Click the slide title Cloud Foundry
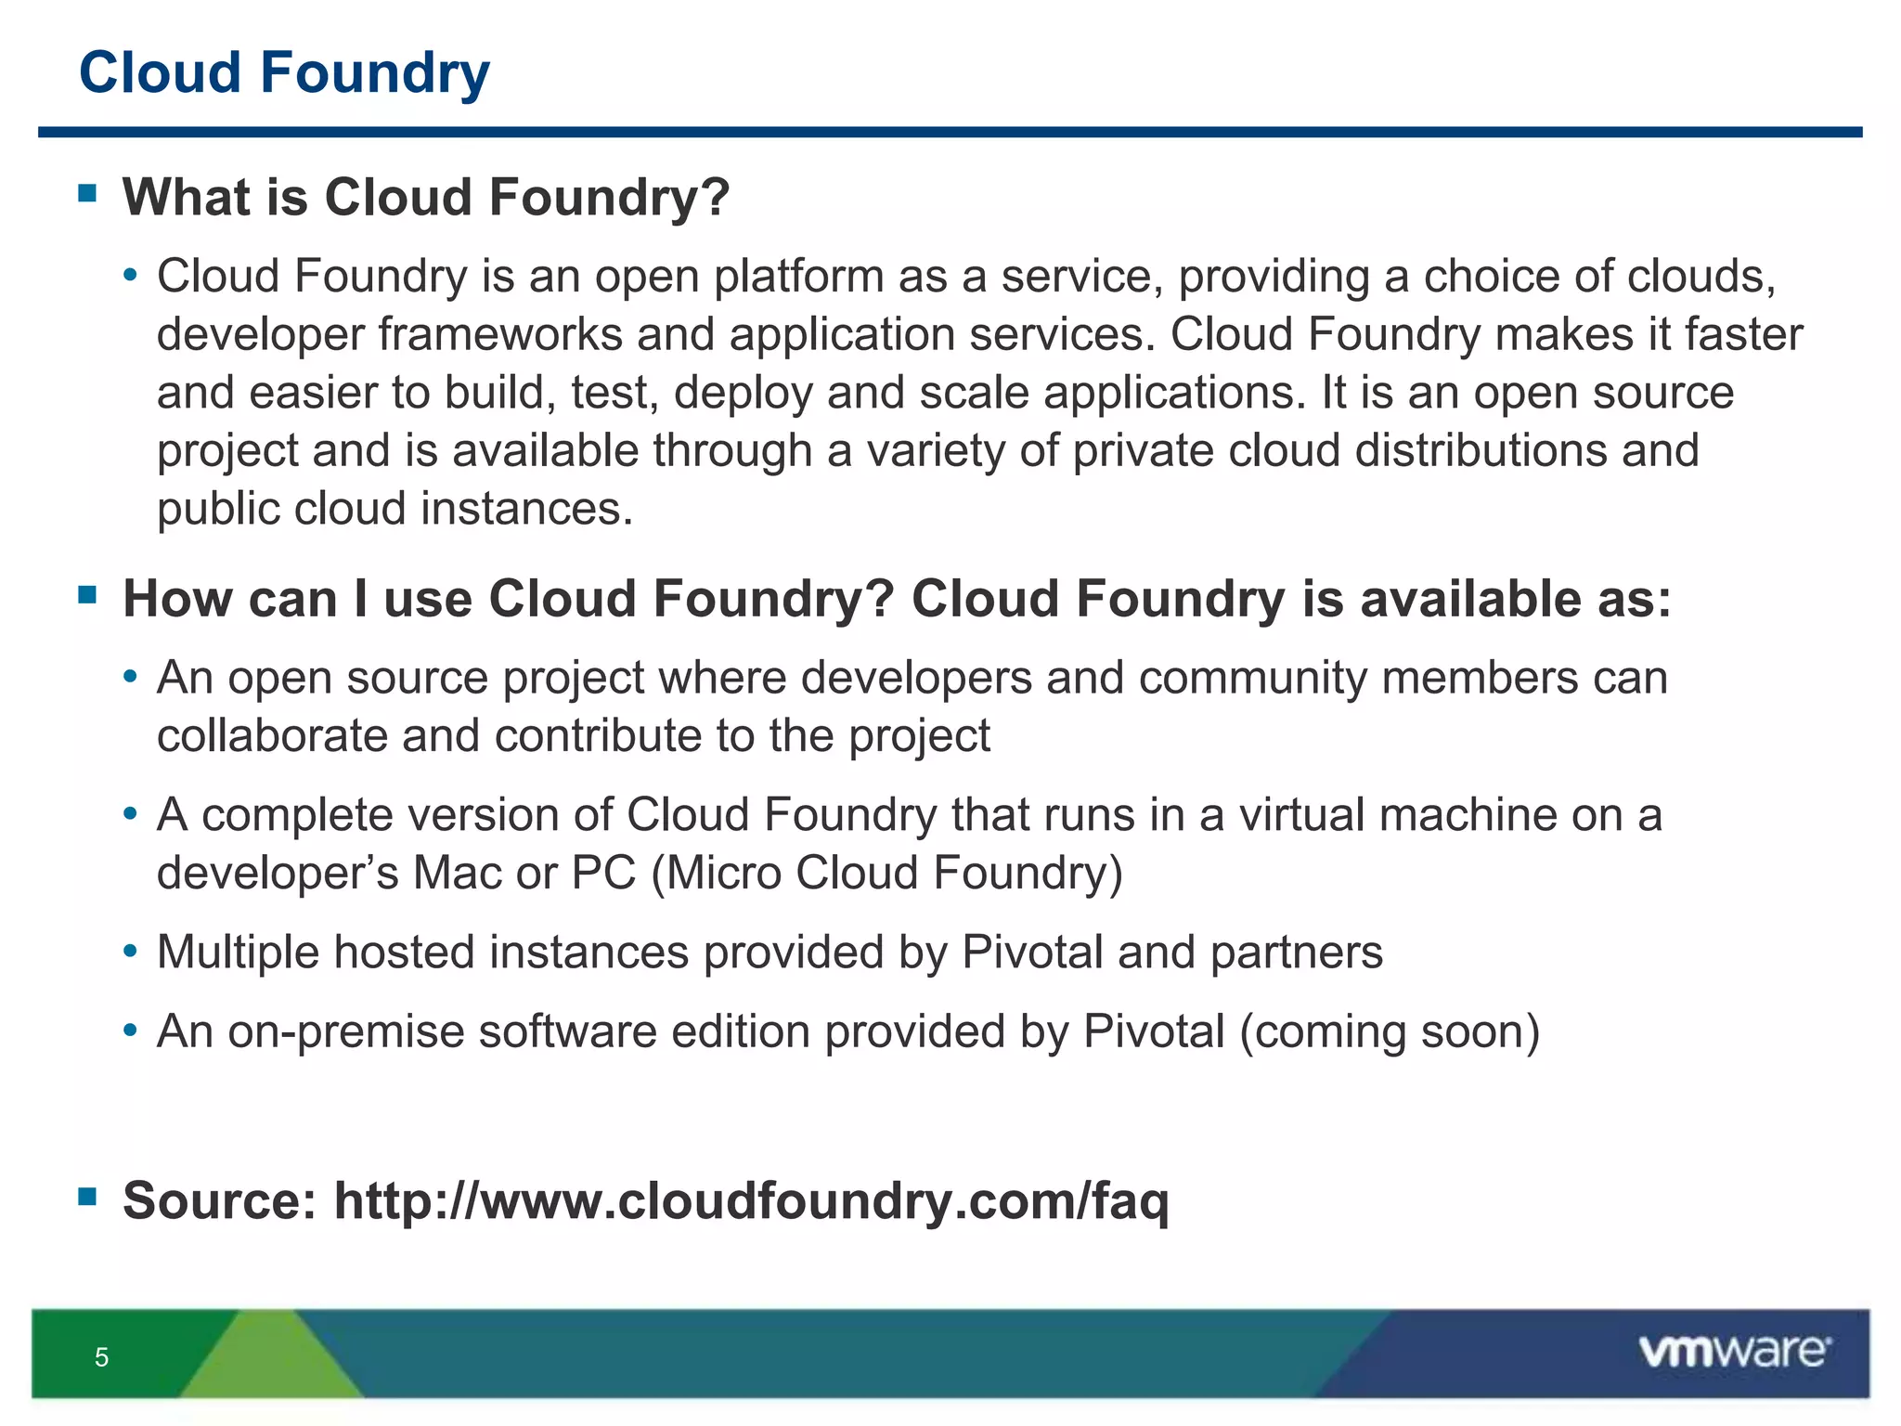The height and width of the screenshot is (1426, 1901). pos(284,73)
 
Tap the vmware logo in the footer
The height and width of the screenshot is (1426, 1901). pos(1734,1351)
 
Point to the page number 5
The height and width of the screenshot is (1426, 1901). pos(102,1357)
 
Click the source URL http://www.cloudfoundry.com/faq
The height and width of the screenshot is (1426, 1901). pos(751,1200)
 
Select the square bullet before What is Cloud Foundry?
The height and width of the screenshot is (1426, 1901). pos(88,193)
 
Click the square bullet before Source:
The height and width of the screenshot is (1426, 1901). pos(88,1196)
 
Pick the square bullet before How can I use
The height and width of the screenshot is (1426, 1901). pos(88,594)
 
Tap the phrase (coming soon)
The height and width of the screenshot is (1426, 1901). pos(1390,1031)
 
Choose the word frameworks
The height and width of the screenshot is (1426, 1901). pos(500,334)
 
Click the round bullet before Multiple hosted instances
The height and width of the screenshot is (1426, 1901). pos(131,953)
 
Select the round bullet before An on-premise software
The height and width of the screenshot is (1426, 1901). pos(131,1031)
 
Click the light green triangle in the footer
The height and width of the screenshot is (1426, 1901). pos(271,1360)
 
